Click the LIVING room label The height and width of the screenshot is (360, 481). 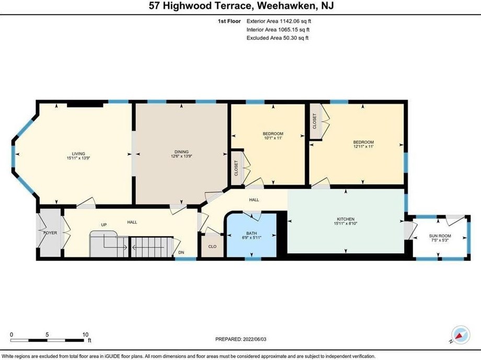pyautogui.click(x=78, y=153)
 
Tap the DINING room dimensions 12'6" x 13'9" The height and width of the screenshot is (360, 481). pyautogui.click(x=181, y=157)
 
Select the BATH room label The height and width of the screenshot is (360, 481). pyautogui.click(x=252, y=234)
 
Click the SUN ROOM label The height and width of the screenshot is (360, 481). pyautogui.click(x=440, y=236)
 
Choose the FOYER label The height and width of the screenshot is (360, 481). pyautogui.click(x=50, y=233)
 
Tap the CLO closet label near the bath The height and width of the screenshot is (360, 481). pyautogui.click(x=212, y=246)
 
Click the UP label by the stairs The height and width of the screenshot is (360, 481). pyautogui.click(x=104, y=225)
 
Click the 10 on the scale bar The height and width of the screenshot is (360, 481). pyautogui.click(x=85, y=334)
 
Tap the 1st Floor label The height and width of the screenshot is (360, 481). pyautogui.click(x=228, y=21)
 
